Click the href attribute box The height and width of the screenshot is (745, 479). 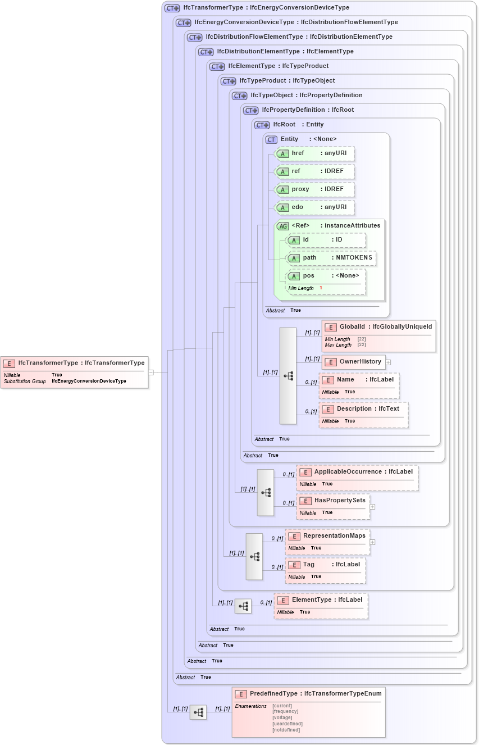[x=314, y=153]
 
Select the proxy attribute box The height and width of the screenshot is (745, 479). [x=314, y=189]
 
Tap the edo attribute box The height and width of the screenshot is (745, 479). [x=314, y=207]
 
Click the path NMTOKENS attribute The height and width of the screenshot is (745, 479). [x=331, y=257]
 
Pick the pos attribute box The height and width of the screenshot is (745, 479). [x=326, y=276]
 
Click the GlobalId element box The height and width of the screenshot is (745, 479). [x=379, y=327]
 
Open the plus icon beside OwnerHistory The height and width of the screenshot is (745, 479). [x=388, y=362]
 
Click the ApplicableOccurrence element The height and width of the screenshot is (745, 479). [x=357, y=472]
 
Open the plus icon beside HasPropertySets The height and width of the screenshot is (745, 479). [x=372, y=507]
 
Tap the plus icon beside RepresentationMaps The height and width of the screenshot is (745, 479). [x=372, y=542]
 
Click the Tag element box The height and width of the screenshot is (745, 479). [x=326, y=565]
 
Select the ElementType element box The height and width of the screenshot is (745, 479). [x=321, y=600]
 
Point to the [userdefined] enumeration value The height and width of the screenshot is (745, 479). [x=287, y=724]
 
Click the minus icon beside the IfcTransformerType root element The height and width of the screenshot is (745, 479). [x=151, y=372]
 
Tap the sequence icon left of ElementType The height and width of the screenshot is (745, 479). [x=243, y=606]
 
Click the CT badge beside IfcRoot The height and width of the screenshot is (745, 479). [x=262, y=125]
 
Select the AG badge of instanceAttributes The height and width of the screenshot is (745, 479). [x=283, y=226]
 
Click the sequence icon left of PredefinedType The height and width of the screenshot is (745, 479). [x=198, y=712]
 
